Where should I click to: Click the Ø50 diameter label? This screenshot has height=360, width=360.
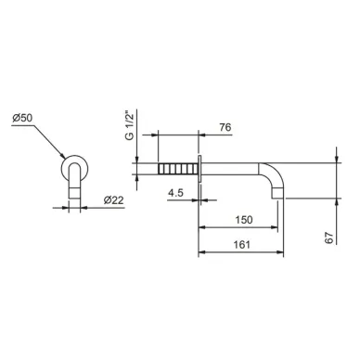22,118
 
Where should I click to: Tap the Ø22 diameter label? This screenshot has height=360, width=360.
113,200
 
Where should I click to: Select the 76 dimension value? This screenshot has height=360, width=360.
225,127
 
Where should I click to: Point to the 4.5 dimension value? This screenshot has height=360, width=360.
175,193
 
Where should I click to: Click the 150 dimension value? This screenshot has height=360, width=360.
244,220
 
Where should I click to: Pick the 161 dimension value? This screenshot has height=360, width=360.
241,245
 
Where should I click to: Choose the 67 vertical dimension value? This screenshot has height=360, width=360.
330,238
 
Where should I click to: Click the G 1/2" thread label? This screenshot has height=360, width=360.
130,127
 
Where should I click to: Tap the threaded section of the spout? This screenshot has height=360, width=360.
177,169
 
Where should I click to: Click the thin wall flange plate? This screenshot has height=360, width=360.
199,169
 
